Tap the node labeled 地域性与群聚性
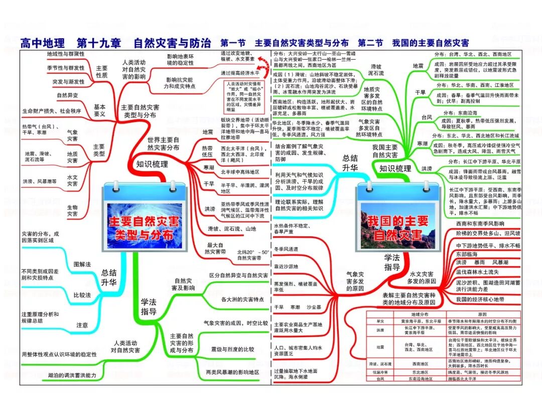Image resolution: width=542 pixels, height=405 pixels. pos(65,54)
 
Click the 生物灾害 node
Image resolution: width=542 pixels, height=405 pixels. pos(72,211)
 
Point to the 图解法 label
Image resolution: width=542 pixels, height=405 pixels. pos(82,263)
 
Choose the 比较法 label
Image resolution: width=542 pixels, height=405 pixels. pos(82,295)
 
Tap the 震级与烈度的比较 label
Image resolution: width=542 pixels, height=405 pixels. pos(232,349)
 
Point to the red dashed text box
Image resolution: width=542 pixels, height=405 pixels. pos(244,96)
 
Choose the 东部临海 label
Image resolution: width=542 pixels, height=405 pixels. pos(467,254)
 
